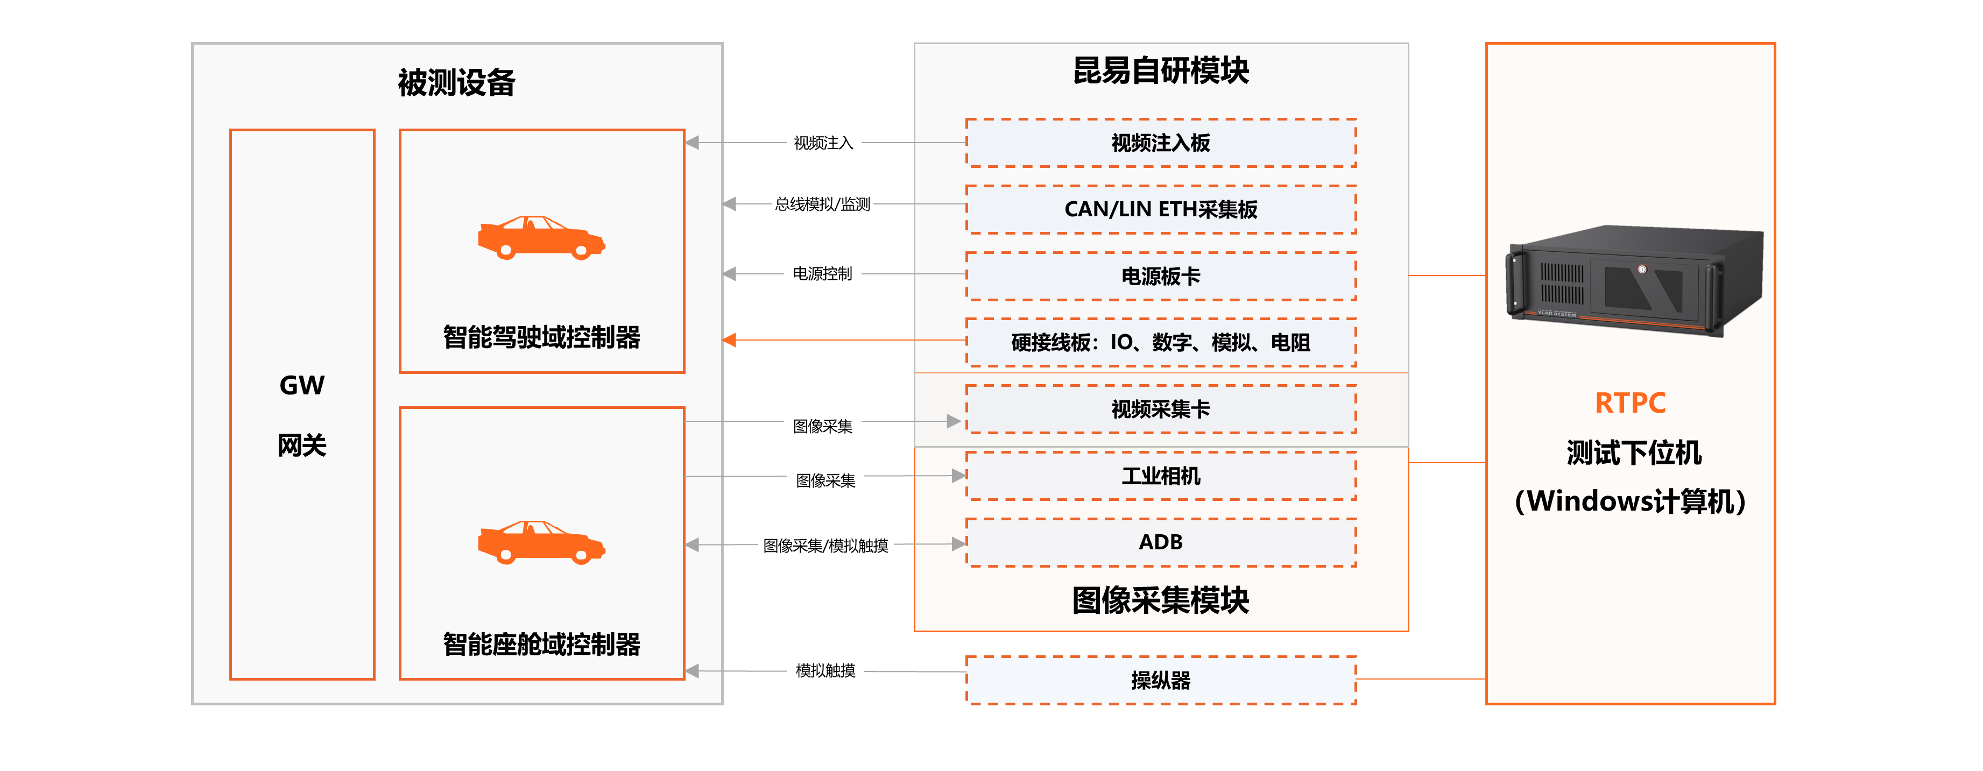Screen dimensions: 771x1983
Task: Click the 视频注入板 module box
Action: tap(1160, 143)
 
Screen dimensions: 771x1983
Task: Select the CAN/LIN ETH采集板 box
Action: tap(1160, 209)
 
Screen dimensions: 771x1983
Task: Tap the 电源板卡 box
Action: tap(1160, 276)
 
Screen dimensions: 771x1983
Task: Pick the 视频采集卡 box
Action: tap(1160, 409)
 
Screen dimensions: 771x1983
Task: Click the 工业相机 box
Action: tap(1160, 476)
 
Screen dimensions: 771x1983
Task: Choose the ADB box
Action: tap(1160, 542)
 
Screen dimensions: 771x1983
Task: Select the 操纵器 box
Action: tap(1160, 680)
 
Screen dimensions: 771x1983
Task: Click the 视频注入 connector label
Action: tap(823, 143)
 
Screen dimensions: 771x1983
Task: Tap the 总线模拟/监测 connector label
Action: tap(822, 204)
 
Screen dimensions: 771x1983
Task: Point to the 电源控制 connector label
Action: tap(822, 274)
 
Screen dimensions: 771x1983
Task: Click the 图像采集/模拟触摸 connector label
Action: tap(825, 546)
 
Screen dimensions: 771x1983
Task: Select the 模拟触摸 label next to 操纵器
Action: tap(825, 671)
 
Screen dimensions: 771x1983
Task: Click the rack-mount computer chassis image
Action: tap(1634, 280)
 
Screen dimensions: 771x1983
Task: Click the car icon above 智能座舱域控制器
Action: tap(541, 542)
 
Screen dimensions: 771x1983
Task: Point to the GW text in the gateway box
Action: tap(302, 385)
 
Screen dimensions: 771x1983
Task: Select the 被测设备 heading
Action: tap(456, 83)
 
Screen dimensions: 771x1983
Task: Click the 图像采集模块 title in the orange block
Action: tap(1160, 600)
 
